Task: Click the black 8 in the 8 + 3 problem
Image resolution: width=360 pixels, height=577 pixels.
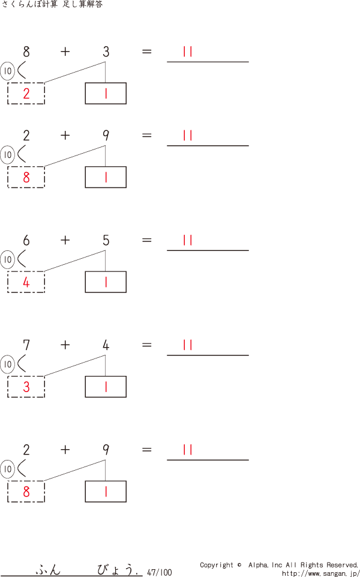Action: pyautogui.click(x=26, y=52)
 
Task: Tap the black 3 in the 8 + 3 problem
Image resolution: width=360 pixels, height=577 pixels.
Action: pyautogui.click(x=106, y=52)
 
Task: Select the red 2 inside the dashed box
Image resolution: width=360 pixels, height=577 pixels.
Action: pyautogui.click(x=26, y=94)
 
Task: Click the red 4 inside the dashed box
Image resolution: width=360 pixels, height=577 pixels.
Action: pyautogui.click(x=26, y=282)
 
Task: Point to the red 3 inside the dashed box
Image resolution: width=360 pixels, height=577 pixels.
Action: pyautogui.click(x=26, y=387)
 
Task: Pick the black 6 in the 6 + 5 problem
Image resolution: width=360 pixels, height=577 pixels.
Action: pyautogui.click(x=26, y=241)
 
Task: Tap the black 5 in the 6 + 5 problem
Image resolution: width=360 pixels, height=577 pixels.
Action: pyautogui.click(x=106, y=241)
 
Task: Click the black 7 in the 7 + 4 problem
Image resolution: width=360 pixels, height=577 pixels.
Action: pyautogui.click(x=26, y=345)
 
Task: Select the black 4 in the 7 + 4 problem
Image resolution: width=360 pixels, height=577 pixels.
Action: pyautogui.click(x=106, y=345)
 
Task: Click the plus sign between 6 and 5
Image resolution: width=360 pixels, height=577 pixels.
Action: pyautogui.click(x=65, y=241)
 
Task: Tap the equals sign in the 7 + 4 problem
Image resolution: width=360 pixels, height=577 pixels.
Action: pyautogui.click(x=147, y=345)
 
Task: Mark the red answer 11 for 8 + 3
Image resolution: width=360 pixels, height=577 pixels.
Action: pyautogui.click(x=188, y=52)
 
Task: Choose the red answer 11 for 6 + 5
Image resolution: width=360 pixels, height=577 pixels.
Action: pyautogui.click(x=188, y=240)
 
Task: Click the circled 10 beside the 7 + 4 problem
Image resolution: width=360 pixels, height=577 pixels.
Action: pyautogui.click(x=8, y=364)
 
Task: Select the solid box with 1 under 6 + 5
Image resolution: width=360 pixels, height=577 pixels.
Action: pyautogui.click(x=106, y=282)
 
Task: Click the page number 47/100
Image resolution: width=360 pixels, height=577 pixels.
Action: pyautogui.click(x=159, y=573)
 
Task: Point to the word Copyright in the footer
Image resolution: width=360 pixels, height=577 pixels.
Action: pyautogui.click(x=217, y=565)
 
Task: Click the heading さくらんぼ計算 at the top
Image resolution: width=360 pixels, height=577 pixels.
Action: pyautogui.click(x=29, y=5)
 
